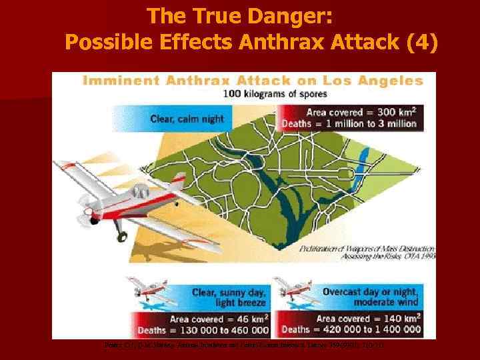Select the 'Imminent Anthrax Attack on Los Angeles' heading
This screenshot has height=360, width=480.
(x=253, y=81)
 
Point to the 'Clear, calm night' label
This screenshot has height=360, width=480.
(x=187, y=119)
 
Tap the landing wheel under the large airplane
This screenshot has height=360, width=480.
(x=121, y=236)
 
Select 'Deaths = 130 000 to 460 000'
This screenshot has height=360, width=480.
(x=203, y=329)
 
